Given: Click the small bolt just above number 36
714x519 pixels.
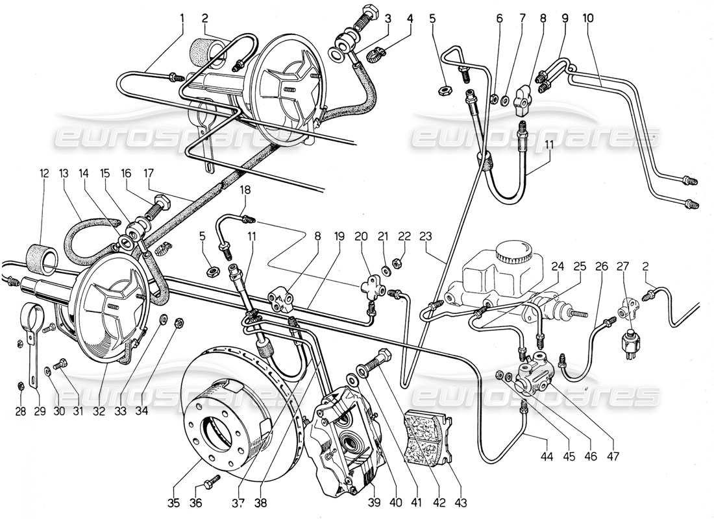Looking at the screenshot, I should [211, 483].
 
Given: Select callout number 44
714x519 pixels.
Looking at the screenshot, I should [548, 456].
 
